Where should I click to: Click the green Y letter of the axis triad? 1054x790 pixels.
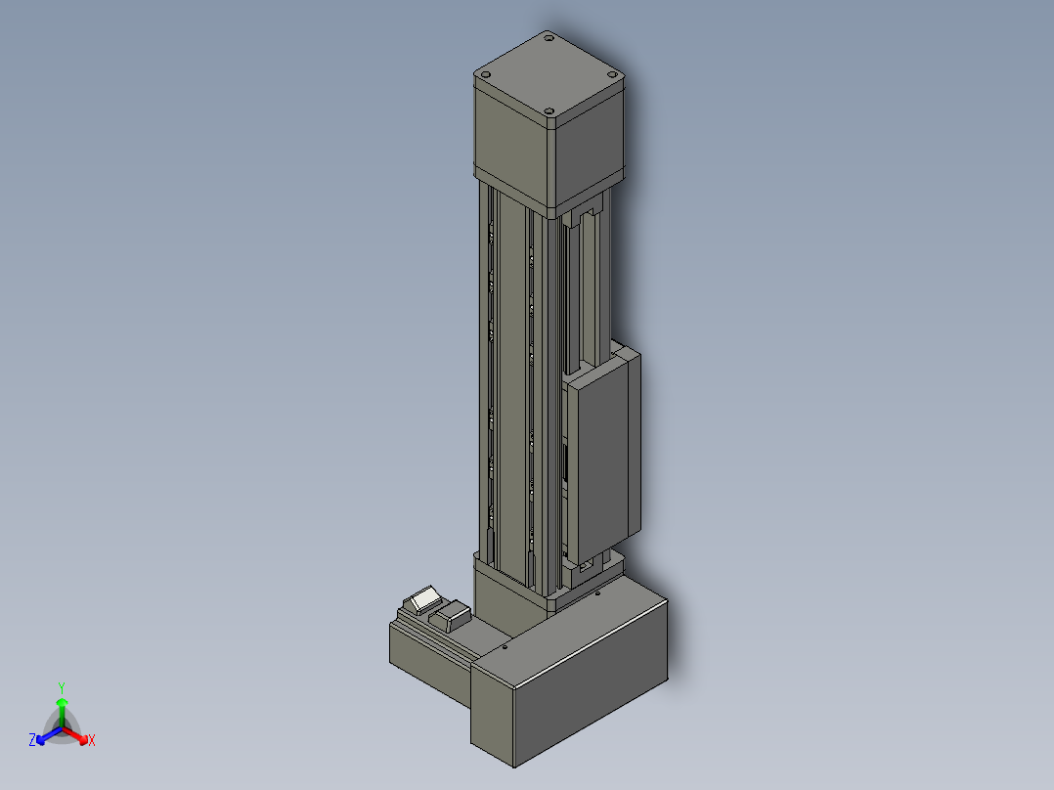[x=62, y=687]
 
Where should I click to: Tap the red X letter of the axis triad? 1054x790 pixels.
[x=92, y=740]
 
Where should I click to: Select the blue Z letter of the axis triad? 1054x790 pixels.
[x=32, y=739]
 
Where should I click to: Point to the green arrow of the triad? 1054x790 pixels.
[x=62, y=712]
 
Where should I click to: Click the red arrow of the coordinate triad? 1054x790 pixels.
[x=75, y=735]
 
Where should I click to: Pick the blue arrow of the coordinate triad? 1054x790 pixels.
[x=49, y=735]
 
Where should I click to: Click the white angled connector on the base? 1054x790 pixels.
[x=422, y=599]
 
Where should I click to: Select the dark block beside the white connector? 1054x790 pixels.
[x=452, y=615]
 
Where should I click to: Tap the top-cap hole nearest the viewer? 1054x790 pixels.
[x=549, y=110]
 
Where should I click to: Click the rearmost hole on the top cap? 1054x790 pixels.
[x=549, y=38]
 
